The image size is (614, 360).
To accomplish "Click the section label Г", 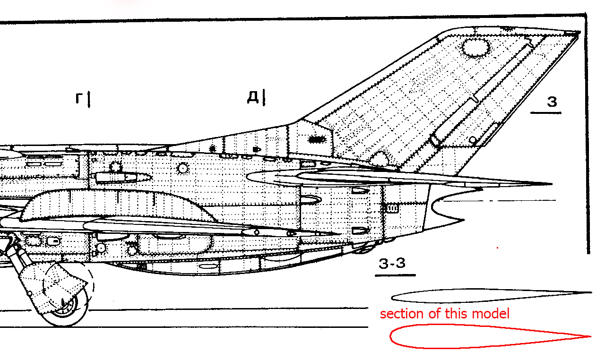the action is click(79, 98).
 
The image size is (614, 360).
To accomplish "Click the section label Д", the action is click(253, 97).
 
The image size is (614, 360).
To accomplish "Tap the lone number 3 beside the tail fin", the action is click(552, 102).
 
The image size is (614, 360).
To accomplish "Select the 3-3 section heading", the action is click(392, 263).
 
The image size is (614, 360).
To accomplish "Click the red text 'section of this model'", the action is click(445, 314).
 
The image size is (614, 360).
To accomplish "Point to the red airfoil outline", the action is click(390, 336).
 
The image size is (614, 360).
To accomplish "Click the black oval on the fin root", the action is click(317, 139).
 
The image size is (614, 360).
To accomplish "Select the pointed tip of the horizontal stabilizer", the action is click(552, 184).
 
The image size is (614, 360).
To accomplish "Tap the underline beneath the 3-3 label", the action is click(395, 275).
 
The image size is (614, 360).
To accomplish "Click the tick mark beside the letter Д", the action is click(264, 97).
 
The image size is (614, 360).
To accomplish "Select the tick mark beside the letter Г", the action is click(89, 100).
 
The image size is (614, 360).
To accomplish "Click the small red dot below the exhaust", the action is click(498, 248).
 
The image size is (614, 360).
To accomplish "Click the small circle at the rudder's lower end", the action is click(473, 140).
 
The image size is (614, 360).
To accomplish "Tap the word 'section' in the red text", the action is click(402, 314).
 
